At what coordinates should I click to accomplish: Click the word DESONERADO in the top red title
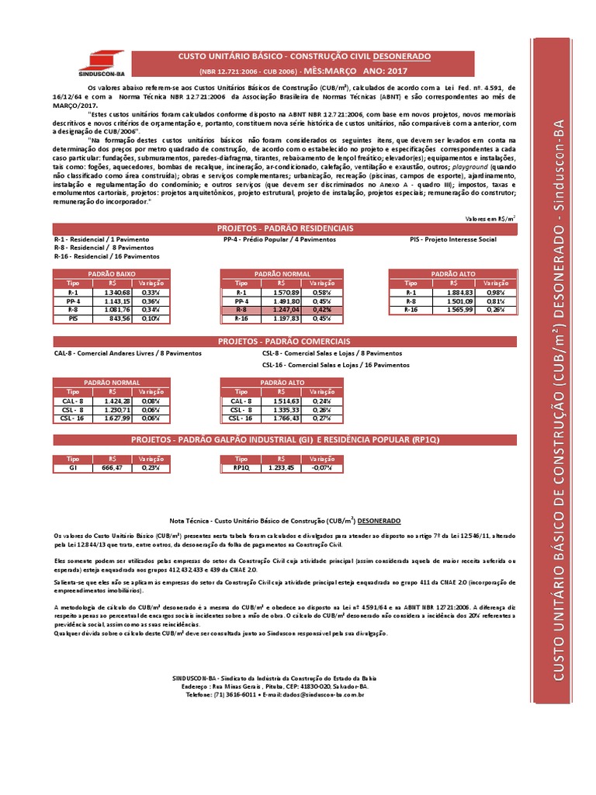[400, 57]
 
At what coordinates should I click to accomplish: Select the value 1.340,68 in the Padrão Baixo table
[114, 291]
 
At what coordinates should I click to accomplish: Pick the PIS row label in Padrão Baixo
[74, 318]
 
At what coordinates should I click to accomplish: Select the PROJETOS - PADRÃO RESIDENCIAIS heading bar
[286, 228]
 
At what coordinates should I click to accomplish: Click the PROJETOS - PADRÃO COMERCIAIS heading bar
[286, 340]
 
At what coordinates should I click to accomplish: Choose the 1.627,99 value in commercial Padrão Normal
[114, 418]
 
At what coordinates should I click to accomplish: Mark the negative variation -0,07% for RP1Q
[321, 468]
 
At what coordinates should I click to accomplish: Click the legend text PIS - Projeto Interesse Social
[453, 240]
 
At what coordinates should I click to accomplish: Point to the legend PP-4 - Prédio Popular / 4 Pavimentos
[279, 240]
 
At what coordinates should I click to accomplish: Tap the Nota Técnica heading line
[285, 520]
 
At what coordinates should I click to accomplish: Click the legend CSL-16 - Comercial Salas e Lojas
[335, 363]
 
